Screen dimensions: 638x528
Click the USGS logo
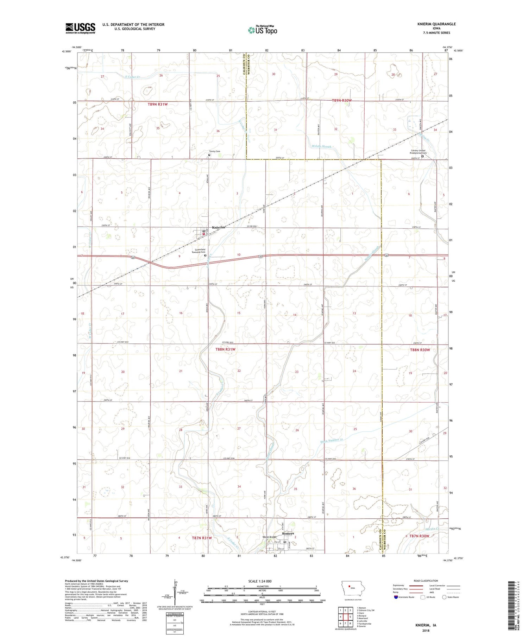(x=80, y=28)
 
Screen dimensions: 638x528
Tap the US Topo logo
(x=262, y=30)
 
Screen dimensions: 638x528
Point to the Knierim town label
(x=218, y=227)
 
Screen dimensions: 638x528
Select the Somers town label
(x=288, y=533)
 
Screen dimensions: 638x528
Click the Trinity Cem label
(x=214, y=151)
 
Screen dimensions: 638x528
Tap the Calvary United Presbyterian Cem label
(x=418, y=152)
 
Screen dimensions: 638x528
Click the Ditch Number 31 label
(x=331, y=441)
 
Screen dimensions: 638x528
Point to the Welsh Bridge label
(x=270, y=537)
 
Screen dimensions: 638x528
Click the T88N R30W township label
(x=420, y=350)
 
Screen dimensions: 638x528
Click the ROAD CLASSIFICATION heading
(x=426, y=581)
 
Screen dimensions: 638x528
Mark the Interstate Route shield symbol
(x=396, y=597)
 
